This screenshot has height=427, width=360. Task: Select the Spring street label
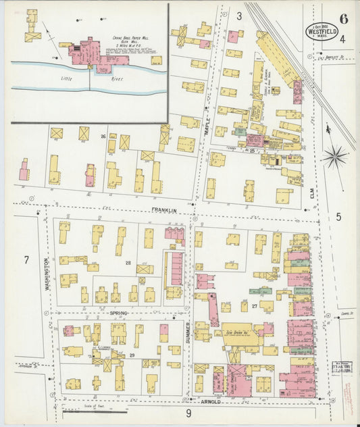click(x=118, y=314)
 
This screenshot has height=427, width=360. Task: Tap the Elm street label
click(x=312, y=180)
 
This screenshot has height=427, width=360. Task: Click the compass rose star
click(x=334, y=157)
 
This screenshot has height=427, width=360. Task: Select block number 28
click(x=126, y=263)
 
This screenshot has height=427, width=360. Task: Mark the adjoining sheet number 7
click(x=26, y=260)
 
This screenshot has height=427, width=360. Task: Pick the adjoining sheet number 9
click(x=189, y=413)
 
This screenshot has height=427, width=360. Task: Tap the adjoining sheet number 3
click(x=238, y=16)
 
